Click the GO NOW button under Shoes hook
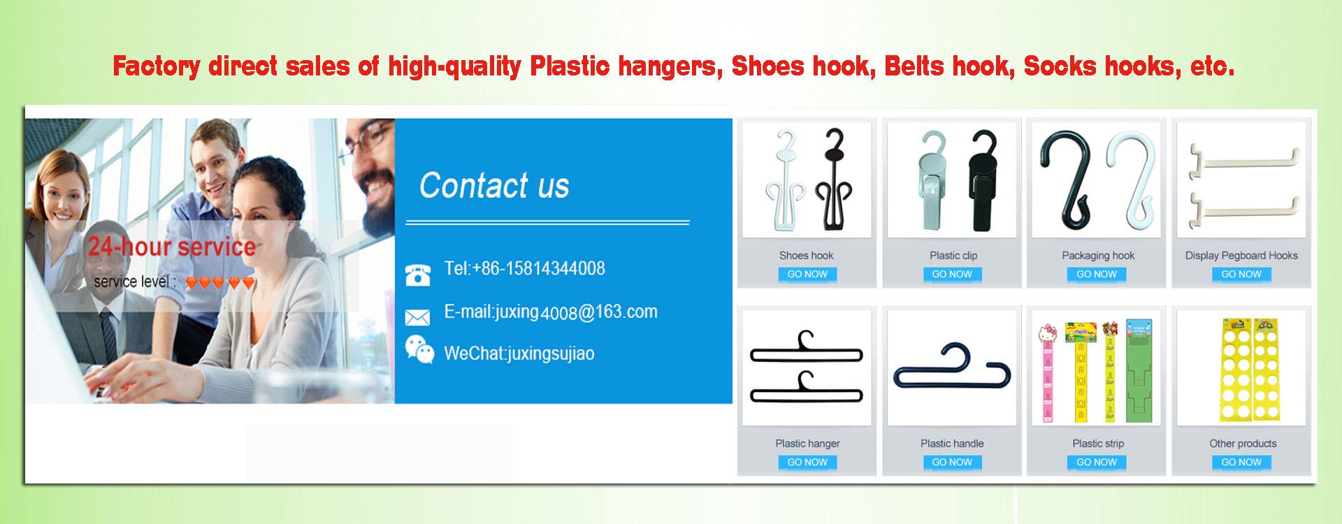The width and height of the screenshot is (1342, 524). coord(807,275)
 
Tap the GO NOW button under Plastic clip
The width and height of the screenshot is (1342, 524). coord(952,275)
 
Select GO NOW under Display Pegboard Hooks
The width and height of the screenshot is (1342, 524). coord(1241,275)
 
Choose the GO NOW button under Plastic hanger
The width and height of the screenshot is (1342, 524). coord(807,463)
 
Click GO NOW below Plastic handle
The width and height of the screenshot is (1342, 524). coord(952,463)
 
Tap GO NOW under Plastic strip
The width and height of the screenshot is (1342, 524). coord(1097,463)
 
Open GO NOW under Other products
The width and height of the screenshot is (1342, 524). coord(1241,463)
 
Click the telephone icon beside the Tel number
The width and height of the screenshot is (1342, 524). coord(418,275)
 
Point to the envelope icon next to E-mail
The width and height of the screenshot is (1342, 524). coord(417,318)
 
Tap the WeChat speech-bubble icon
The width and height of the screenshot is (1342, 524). coord(419,349)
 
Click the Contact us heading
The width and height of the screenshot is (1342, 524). coord(494,186)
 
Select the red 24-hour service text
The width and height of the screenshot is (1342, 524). coord(172,247)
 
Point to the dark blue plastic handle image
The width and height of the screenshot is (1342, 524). coord(952,367)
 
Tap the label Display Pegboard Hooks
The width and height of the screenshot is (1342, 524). coord(1241,256)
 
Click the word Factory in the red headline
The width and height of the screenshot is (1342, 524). coord(157,67)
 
